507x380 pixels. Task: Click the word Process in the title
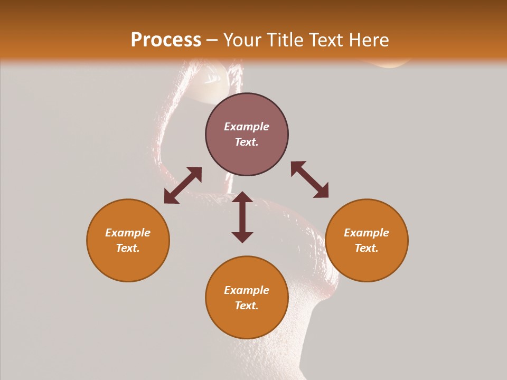(166, 40)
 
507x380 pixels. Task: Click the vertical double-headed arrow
(242, 217)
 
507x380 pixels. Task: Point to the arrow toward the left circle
(183, 185)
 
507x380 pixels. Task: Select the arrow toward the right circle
(309, 179)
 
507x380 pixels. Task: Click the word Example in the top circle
(247, 127)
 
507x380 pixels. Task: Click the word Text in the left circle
(128, 248)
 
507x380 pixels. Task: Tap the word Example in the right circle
(367, 233)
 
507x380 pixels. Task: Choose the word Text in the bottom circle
(247, 306)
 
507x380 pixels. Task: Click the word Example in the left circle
(128, 233)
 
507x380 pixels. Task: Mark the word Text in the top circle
(247, 142)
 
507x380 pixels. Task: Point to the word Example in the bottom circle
(247, 290)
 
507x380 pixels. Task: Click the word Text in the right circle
(367, 248)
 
